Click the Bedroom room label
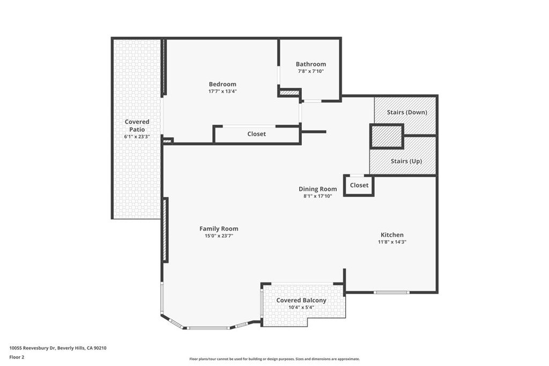222,84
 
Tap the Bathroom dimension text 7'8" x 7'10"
310,71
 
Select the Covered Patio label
137,125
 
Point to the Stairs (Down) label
407,112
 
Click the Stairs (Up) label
407,161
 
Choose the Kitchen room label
392,235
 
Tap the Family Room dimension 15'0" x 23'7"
219,236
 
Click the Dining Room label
318,189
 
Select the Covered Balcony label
301,300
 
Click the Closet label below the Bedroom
256,134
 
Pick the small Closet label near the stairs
359,185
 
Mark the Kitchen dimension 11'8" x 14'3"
392,242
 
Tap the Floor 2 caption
17,357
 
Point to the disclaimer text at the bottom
274,359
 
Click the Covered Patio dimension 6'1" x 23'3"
137,137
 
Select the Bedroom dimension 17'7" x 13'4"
222,92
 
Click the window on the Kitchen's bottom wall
391,292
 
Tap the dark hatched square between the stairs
387,136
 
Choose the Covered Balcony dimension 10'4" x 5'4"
301,308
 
